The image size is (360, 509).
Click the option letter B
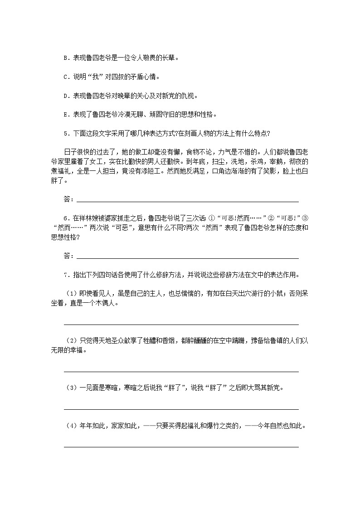click(x=65, y=58)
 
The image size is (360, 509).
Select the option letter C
click(x=65, y=77)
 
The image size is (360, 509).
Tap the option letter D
click(x=65, y=96)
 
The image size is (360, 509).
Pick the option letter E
click(x=65, y=115)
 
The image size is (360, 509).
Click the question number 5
click(x=65, y=134)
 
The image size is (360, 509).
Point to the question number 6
click(x=65, y=218)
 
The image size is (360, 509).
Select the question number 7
click(x=65, y=275)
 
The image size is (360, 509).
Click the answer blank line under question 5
click(x=188, y=201)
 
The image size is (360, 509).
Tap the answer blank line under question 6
click(x=188, y=258)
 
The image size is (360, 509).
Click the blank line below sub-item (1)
click(x=181, y=324)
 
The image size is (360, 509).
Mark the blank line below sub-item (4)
click(x=181, y=446)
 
